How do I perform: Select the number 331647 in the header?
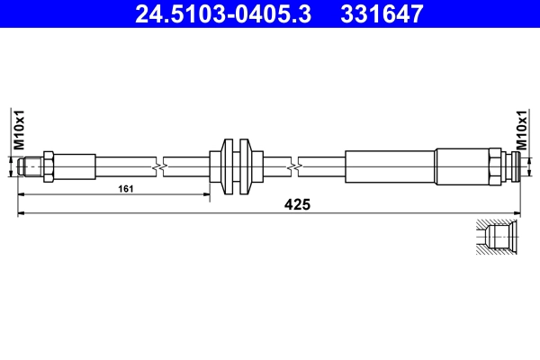pyautogui.click(x=379, y=14)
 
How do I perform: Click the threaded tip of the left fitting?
pyautogui.click(x=31, y=166)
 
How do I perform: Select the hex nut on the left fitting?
pyautogui.click(x=49, y=166)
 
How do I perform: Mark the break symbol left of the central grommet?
pyautogui.click(x=158, y=166)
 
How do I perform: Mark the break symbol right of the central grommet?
pyautogui.click(x=294, y=166)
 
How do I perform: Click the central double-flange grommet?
pyautogui.click(x=234, y=166)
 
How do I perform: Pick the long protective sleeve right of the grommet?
pyautogui.click(x=390, y=166)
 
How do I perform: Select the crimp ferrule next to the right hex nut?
pyautogui.click(x=462, y=166)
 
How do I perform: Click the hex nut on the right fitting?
pyautogui.click(x=495, y=166)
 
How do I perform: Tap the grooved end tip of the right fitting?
pyautogui.click(x=512, y=166)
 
